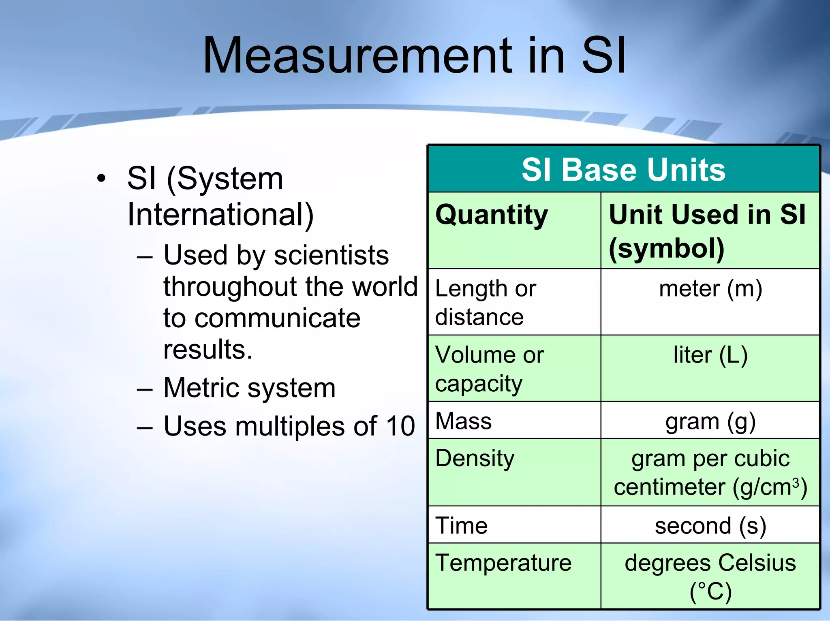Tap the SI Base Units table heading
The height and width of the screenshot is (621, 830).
pos(623,170)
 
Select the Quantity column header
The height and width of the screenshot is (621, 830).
pos(491,215)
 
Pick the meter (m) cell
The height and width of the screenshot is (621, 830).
pos(710,289)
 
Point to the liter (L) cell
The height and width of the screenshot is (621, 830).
pos(710,355)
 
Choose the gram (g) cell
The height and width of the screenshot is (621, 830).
pos(710,422)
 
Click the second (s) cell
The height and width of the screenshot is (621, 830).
pos(710,526)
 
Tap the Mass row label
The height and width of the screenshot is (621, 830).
pos(463,421)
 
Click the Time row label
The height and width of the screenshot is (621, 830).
pos(461,526)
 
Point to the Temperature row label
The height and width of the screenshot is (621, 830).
pos(503,563)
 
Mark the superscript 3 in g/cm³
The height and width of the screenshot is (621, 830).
pos(796,482)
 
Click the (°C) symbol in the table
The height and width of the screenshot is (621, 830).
pos(710,592)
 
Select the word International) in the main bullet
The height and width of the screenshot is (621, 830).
pos(220,215)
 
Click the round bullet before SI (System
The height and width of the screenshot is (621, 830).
pos(101,178)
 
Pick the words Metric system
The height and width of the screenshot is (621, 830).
pos(249,388)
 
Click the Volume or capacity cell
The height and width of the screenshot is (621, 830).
pos(489,369)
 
